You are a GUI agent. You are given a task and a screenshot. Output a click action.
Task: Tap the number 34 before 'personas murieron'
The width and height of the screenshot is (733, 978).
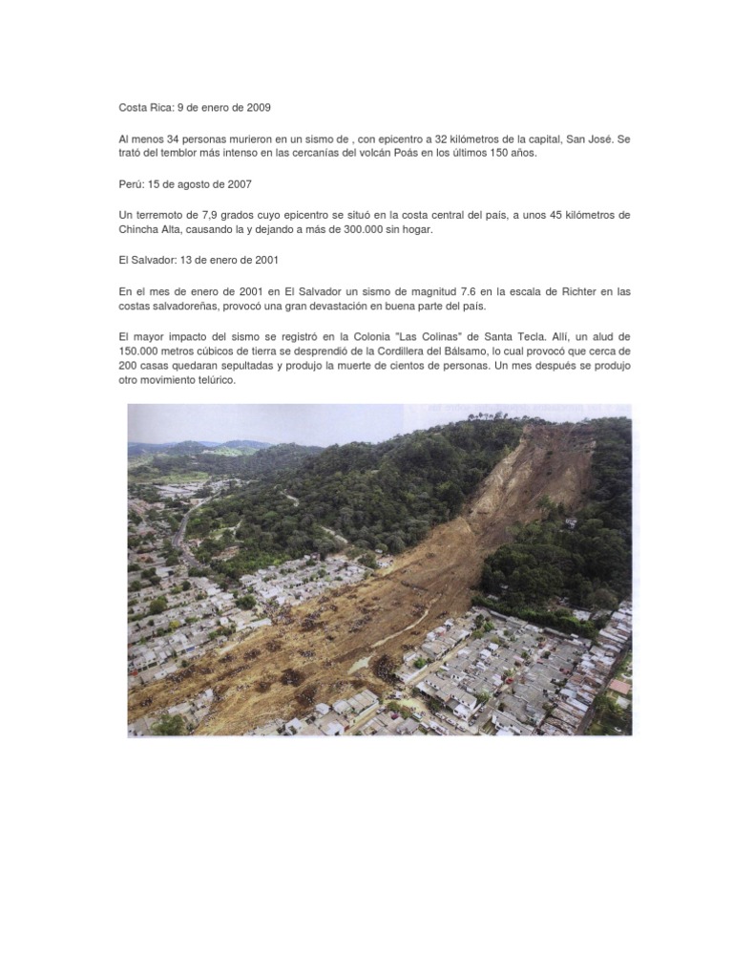point(174,139)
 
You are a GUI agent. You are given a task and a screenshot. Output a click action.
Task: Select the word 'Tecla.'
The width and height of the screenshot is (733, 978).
point(477,337)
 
